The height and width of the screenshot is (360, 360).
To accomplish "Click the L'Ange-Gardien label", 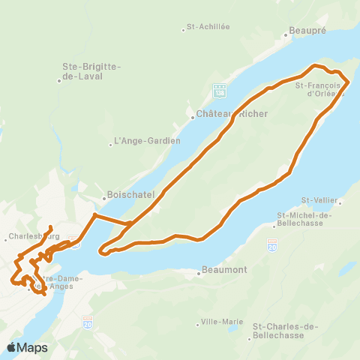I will pos(147,141).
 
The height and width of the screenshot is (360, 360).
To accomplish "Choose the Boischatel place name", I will pos(131,193).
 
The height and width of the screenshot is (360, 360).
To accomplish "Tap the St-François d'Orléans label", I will pos(319,90).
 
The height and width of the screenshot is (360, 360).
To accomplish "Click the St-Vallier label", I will pos(317,200).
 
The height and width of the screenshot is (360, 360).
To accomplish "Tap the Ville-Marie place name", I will pos(223,322).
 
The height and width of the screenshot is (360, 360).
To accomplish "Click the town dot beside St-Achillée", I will pos(184,30).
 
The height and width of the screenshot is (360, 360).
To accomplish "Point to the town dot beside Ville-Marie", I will pos(198,324).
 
